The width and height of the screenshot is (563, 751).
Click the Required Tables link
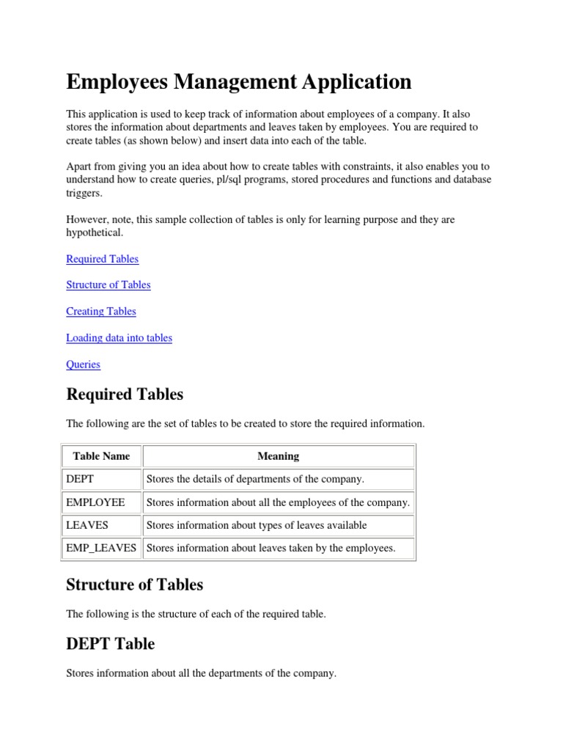coord(102,259)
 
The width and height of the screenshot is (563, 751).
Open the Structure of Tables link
coord(108,285)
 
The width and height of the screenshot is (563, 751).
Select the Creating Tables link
coord(100,311)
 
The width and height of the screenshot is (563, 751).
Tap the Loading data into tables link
coord(119,337)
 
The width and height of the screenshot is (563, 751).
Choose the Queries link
coord(83,364)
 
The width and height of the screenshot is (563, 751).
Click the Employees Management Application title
coord(238,81)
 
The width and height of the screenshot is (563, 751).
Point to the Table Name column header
coord(101,456)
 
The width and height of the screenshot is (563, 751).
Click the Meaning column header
coord(278,456)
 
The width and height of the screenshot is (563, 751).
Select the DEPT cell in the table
coord(80,480)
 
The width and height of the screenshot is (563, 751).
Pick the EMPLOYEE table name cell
coord(95,502)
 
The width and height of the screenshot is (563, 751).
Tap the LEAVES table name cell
coord(87,525)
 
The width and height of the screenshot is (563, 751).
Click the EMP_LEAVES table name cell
coord(101,548)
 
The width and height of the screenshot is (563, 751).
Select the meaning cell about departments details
coord(255,480)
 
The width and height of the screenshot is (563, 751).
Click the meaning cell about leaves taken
coord(271,548)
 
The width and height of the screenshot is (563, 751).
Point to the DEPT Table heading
coord(110,644)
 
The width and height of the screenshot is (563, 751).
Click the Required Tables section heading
coord(125,395)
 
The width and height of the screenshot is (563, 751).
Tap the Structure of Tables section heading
coord(134,585)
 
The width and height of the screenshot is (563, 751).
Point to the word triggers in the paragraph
coord(84,193)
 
